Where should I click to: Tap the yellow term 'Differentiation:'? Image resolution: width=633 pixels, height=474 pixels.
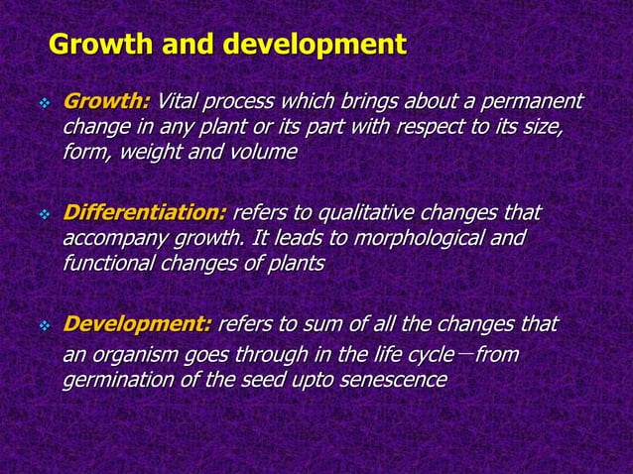(x=145, y=213)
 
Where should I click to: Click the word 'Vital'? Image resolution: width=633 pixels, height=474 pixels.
(x=180, y=101)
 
